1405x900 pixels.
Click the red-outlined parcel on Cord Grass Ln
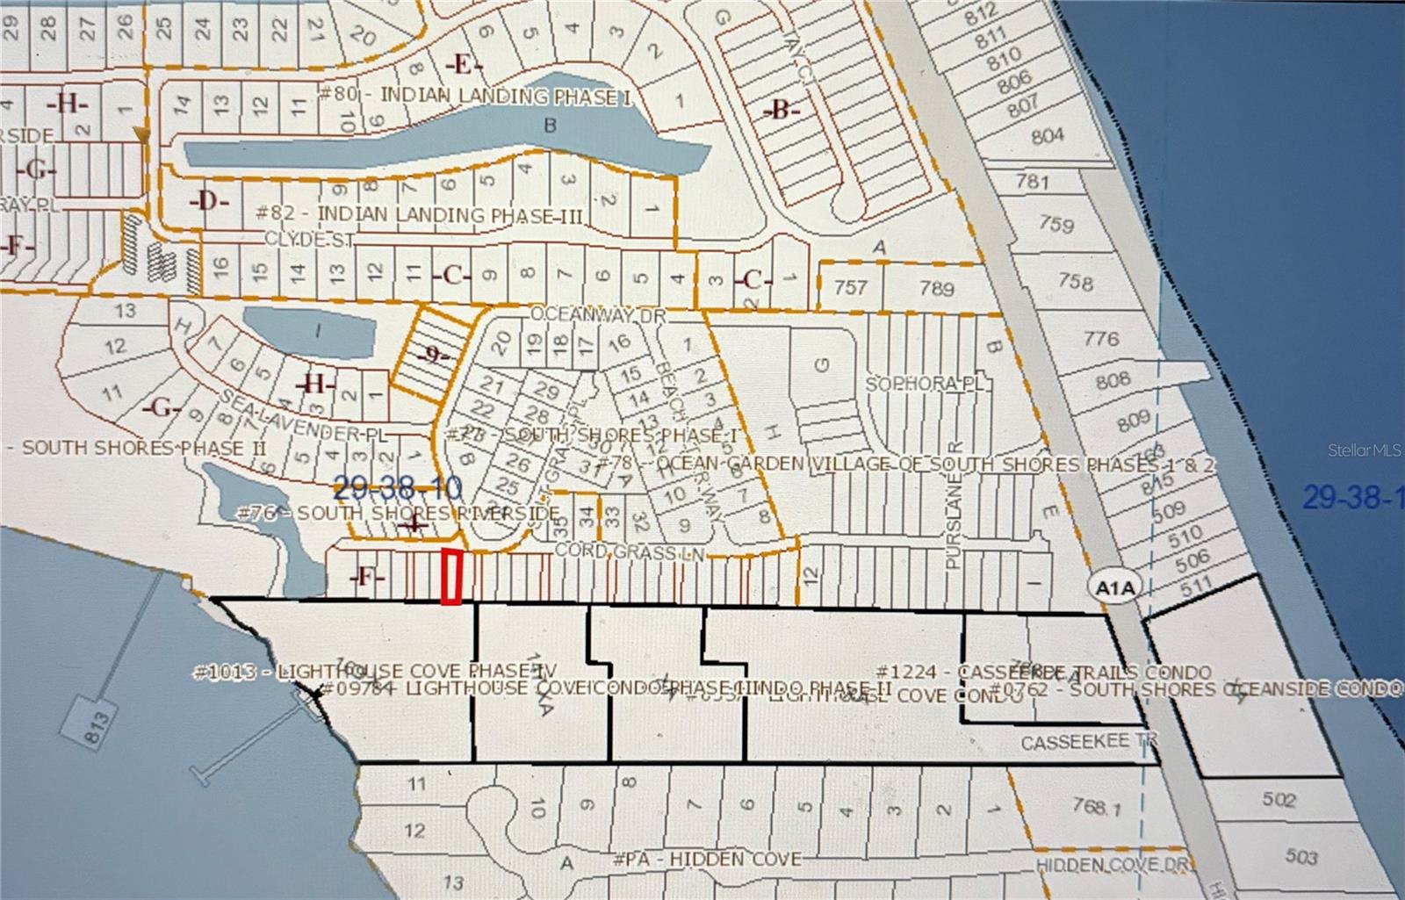pos(451,577)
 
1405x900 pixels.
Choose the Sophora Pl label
pos(927,384)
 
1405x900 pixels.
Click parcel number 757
pos(850,286)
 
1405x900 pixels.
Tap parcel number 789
pos(936,286)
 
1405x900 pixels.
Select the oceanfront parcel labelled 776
pos(1101,338)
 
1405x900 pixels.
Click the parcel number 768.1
pos(1095,805)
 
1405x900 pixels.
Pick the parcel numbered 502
pos(1279,800)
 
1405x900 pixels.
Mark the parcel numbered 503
pos(1301,856)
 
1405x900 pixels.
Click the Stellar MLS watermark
pos(1364,450)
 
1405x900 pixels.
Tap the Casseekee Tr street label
pos(1090,743)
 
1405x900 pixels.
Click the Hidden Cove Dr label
pos(1113,865)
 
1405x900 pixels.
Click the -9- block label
pos(432,356)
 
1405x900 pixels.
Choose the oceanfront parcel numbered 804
pos(1048,136)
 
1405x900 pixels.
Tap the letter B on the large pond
pos(550,126)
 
